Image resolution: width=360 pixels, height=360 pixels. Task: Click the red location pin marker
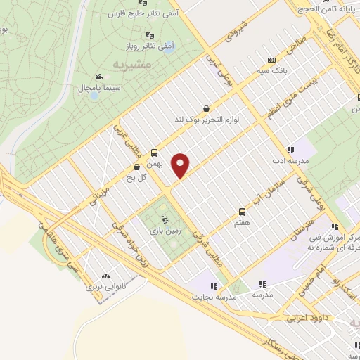[x=181, y=165]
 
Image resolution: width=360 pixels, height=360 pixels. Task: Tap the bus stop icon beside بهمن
[x=154, y=151]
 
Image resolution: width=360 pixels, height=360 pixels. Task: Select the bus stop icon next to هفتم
[x=243, y=211]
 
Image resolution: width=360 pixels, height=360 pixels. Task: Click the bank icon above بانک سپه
[x=271, y=60]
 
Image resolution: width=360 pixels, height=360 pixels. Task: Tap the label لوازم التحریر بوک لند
[x=207, y=120]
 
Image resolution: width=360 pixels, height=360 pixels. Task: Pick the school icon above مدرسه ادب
[x=290, y=150]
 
